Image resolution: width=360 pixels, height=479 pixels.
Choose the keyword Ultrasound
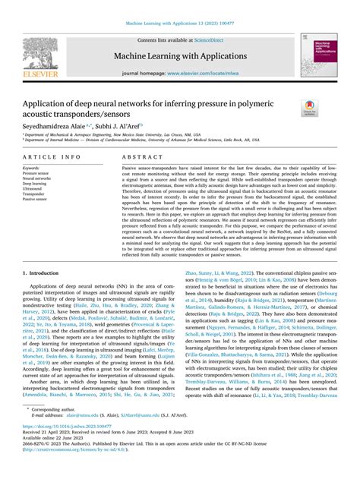click(x=34, y=189)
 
